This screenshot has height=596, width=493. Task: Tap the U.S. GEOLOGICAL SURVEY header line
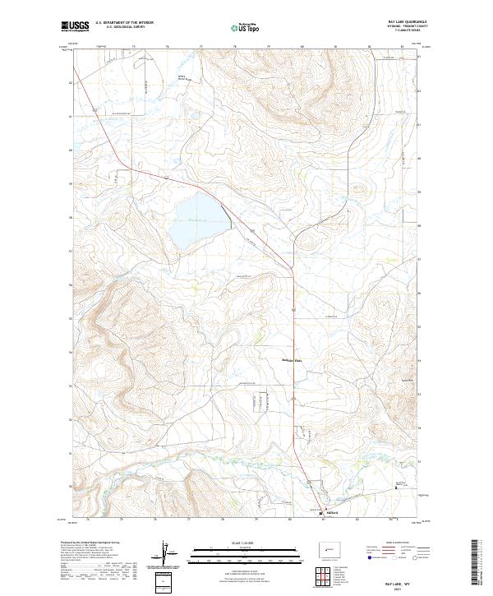116,28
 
